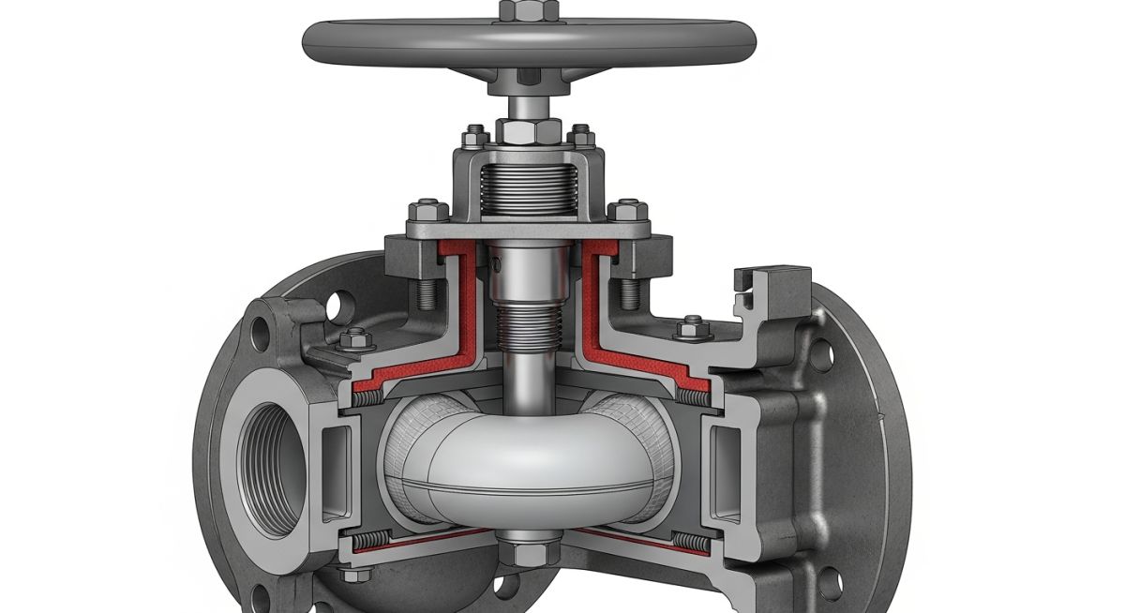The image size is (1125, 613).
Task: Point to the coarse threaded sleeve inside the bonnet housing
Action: coord(528,187)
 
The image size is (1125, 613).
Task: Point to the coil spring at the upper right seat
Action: coord(692,397)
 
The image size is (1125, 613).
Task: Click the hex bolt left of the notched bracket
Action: coord(691,327)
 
